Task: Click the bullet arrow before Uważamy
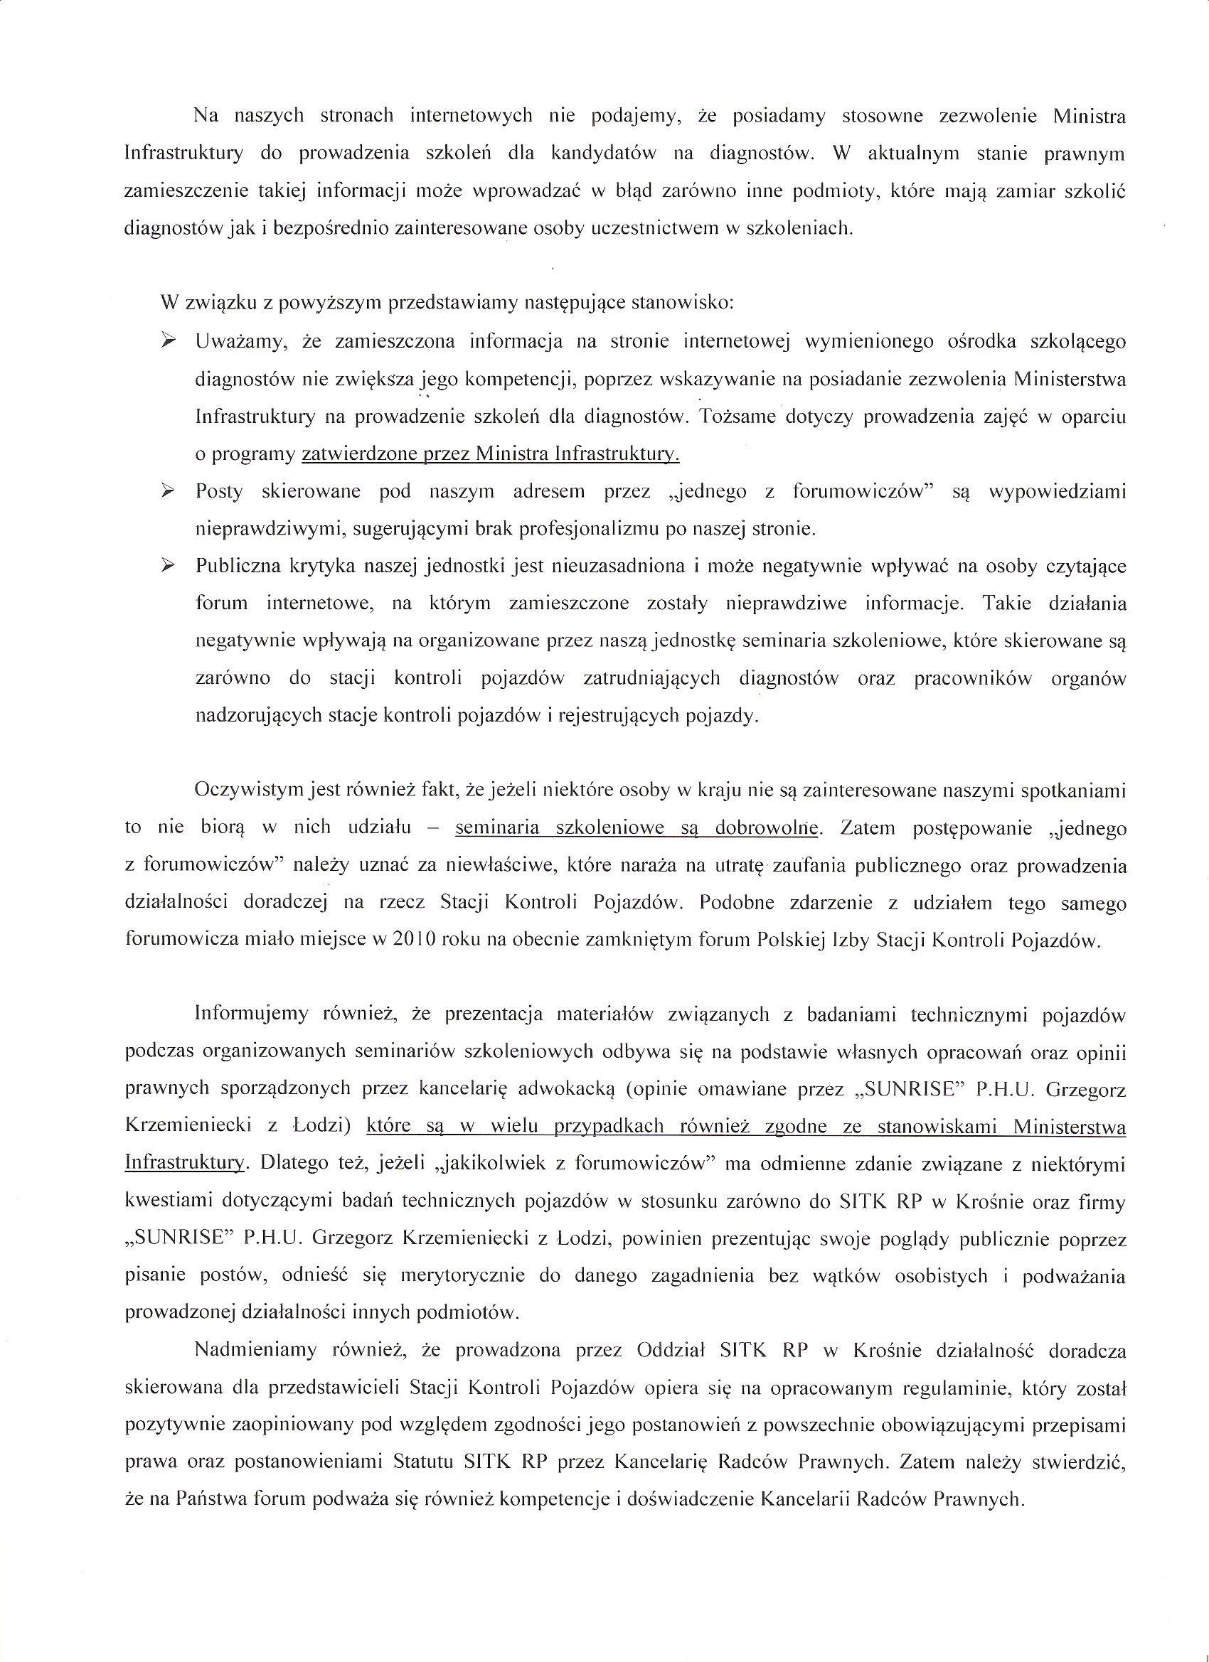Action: tap(169, 341)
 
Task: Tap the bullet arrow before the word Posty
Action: tap(169, 490)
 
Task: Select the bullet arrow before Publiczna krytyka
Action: tap(169, 565)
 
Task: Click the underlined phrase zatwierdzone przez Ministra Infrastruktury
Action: tap(491, 454)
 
